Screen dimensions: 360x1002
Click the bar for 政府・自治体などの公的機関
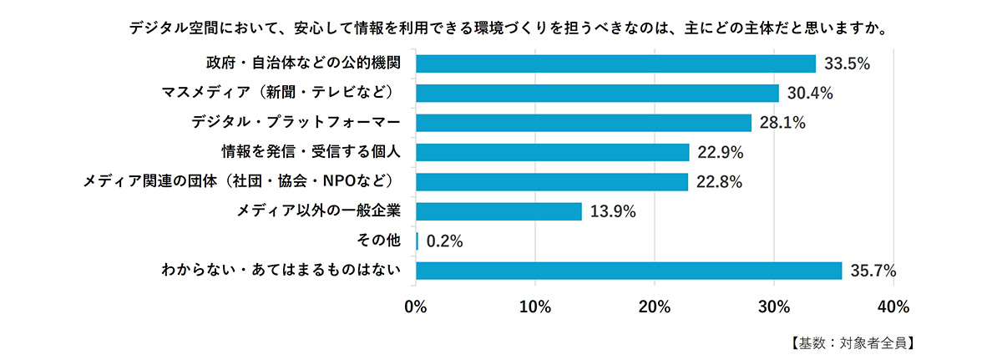point(615,63)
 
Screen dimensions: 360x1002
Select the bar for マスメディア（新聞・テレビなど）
point(597,93)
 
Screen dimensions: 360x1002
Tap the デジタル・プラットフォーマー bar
point(584,123)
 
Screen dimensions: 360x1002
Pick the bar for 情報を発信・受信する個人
point(552,152)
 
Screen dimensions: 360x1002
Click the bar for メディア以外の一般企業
point(498,211)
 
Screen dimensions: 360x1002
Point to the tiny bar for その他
point(417,241)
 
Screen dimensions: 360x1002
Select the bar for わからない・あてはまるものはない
point(629,271)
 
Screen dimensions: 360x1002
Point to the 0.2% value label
point(444,241)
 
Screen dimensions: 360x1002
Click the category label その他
point(381,241)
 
